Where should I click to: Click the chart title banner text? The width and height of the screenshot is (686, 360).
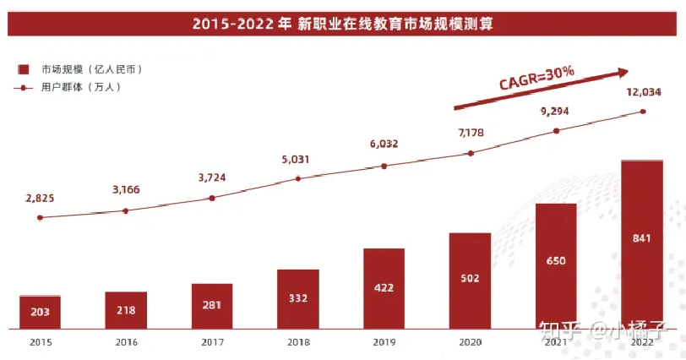(342, 24)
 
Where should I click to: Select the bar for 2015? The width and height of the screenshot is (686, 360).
(40, 312)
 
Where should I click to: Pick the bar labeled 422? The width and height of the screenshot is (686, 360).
(384, 288)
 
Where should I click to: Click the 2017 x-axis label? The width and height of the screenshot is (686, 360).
(212, 342)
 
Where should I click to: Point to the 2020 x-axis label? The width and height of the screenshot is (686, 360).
(470, 342)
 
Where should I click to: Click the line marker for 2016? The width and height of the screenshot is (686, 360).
(126, 210)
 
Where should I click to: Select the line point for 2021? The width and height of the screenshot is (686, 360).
(556, 130)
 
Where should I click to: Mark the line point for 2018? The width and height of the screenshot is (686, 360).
(298, 178)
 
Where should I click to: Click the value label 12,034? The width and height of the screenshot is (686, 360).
(644, 92)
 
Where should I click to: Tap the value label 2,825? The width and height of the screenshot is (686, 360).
(40, 198)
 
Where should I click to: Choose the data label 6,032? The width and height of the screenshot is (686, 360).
(384, 145)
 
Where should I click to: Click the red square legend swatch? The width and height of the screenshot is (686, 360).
(24, 68)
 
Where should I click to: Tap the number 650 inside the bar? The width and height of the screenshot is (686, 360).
(556, 261)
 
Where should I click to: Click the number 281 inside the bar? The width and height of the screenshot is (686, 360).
(212, 306)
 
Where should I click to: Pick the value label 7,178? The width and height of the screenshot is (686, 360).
(470, 132)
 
